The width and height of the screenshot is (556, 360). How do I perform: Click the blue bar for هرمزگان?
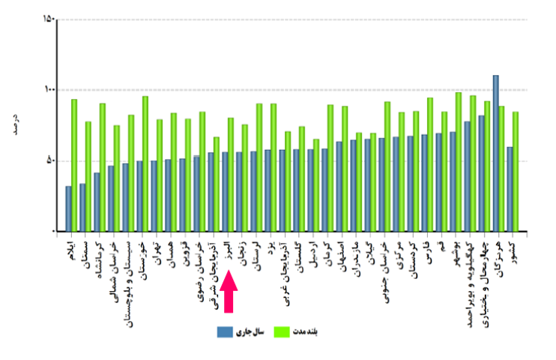pyautogui.click(x=496, y=153)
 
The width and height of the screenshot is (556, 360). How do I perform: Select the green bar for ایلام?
pyautogui.click(x=74, y=165)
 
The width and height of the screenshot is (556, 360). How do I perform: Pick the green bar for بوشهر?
pyautogui.click(x=459, y=162)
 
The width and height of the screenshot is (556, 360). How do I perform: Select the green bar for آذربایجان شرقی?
pyautogui.click(x=217, y=184)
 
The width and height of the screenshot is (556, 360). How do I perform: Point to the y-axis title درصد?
pyautogui.click(x=17, y=124)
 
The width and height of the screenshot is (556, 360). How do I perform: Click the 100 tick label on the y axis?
pyautogui.click(x=49, y=90)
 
